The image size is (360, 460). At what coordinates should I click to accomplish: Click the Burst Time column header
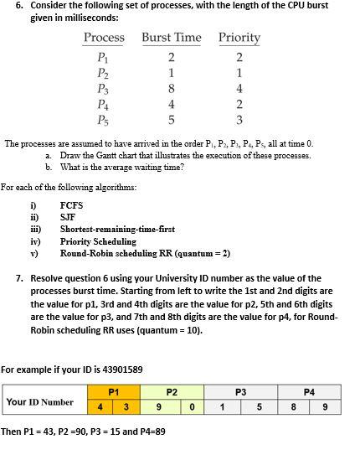(171, 38)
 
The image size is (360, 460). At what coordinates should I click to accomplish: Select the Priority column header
(239, 38)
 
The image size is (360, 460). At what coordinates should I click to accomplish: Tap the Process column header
(104, 38)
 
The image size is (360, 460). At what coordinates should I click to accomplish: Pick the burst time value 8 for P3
(171, 88)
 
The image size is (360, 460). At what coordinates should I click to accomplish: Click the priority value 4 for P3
(239, 88)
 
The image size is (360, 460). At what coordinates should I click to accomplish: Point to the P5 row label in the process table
(103, 120)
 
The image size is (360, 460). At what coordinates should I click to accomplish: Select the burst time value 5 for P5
(171, 120)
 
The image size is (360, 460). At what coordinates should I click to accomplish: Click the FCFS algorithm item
(71, 204)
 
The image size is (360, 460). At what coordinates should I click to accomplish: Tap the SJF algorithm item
(68, 217)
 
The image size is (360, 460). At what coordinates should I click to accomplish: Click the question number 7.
(19, 278)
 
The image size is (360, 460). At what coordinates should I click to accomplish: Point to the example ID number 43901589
(116, 369)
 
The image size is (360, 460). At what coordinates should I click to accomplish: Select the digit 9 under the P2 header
(157, 408)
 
